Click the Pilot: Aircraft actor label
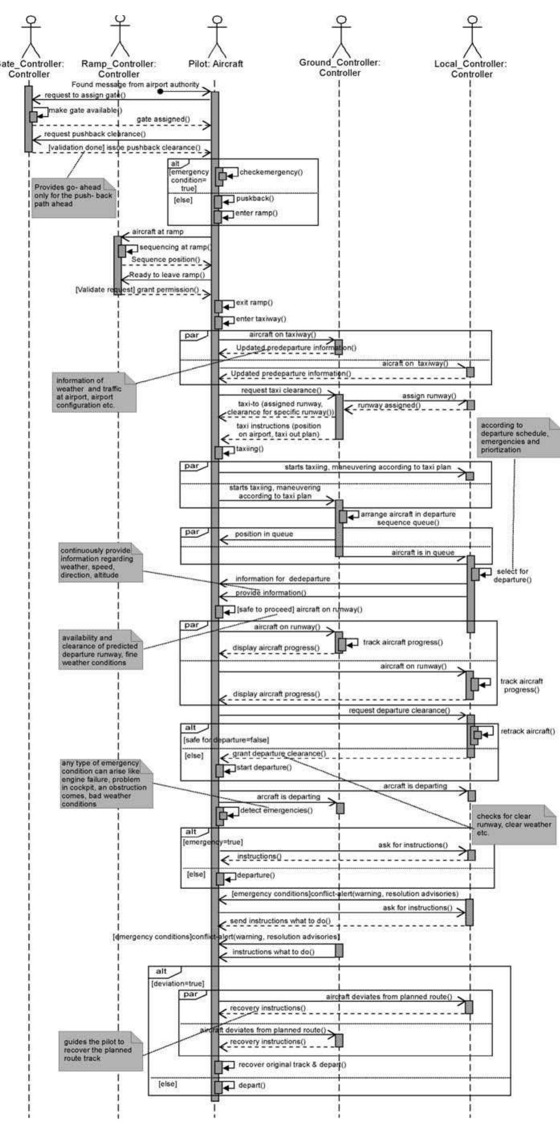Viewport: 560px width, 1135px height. coord(215,64)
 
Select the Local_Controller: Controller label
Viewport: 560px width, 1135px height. coord(471,69)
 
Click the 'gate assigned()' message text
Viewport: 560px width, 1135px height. coord(163,119)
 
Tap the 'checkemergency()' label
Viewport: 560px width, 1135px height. coord(271,172)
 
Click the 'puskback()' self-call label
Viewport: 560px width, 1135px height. coord(255,199)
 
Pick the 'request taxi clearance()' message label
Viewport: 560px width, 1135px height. coord(281,390)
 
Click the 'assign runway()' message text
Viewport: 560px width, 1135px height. coord(429,396)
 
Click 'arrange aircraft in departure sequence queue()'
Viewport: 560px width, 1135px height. coord(408,518)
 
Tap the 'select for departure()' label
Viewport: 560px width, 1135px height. coord(512,575)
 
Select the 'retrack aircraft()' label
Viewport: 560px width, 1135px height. coord(528,732)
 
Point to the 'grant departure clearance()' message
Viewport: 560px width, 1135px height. coord(279,754)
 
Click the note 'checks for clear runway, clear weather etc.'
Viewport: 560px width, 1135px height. coord(513,825)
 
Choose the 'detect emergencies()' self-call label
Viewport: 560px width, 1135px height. coord(276,810)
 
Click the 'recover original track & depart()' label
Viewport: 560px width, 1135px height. coord(292,1064)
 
